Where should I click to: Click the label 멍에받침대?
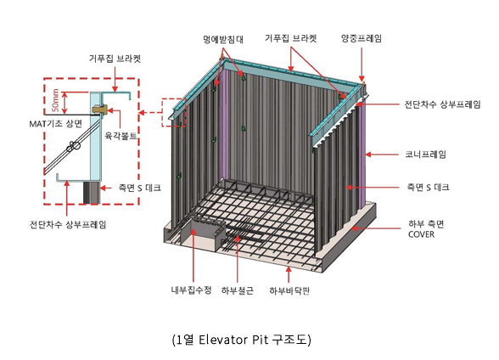tap(223, 39)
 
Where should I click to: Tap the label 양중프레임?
tap(362, 38)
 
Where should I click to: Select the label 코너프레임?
tap(425, 155)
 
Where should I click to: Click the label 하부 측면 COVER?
tap(426, 229)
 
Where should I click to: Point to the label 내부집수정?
tap(191, 290)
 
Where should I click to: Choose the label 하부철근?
tap(238, 290)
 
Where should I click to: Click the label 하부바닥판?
tap(289, 290)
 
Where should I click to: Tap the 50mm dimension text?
tap(55, 100)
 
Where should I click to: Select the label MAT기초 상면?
tap(56, 123)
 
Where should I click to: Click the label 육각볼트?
tap(121, 136)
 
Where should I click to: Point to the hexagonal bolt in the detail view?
tap(100, 110)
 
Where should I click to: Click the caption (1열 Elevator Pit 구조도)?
tap(242, 340)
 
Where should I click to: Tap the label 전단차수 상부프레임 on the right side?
tap(442, 104)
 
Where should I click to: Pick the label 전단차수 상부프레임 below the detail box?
tap(68, 224)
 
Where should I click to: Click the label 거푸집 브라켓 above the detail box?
tap(115, 59)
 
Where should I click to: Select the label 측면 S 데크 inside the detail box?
tap(139, 188)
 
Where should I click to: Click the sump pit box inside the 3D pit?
tap(204, 233)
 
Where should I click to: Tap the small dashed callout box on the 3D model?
tap(174, 113)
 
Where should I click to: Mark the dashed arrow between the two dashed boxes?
tap(150, 112)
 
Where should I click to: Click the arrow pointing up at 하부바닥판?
tap(289, 275)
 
